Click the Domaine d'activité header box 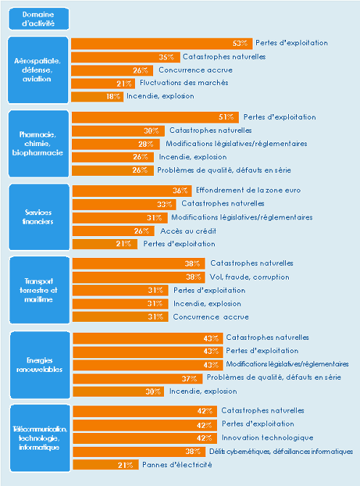tap(38, 19)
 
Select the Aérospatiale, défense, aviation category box tap(38, 70)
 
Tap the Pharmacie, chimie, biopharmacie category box tap(38, 143)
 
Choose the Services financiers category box tap(38, 216)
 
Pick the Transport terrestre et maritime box tap(38, 290)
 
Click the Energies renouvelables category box tap(38, 364)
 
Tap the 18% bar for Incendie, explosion tap(97, 96)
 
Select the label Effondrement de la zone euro tap(238, 190)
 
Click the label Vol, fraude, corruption tap(249, 277)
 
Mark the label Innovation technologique tap(267, 437)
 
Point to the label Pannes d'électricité tap(177, 464)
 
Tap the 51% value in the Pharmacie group tap(227, 117)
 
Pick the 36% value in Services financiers tap(181, 190)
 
